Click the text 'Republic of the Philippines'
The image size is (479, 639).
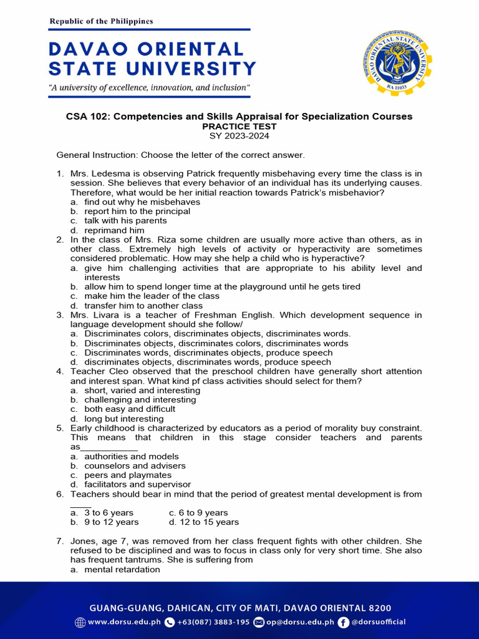(101, 21)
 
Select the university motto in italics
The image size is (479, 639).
(150, 87)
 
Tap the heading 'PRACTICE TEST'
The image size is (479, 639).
(239, 127)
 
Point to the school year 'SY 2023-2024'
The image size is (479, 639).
(239, 136)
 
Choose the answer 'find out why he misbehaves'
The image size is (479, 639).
(142, 202)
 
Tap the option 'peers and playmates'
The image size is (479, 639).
(128, 475)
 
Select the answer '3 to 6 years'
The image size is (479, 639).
(109, 513)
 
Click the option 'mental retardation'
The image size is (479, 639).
(122, 569)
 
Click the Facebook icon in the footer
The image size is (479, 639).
(343, 622)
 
